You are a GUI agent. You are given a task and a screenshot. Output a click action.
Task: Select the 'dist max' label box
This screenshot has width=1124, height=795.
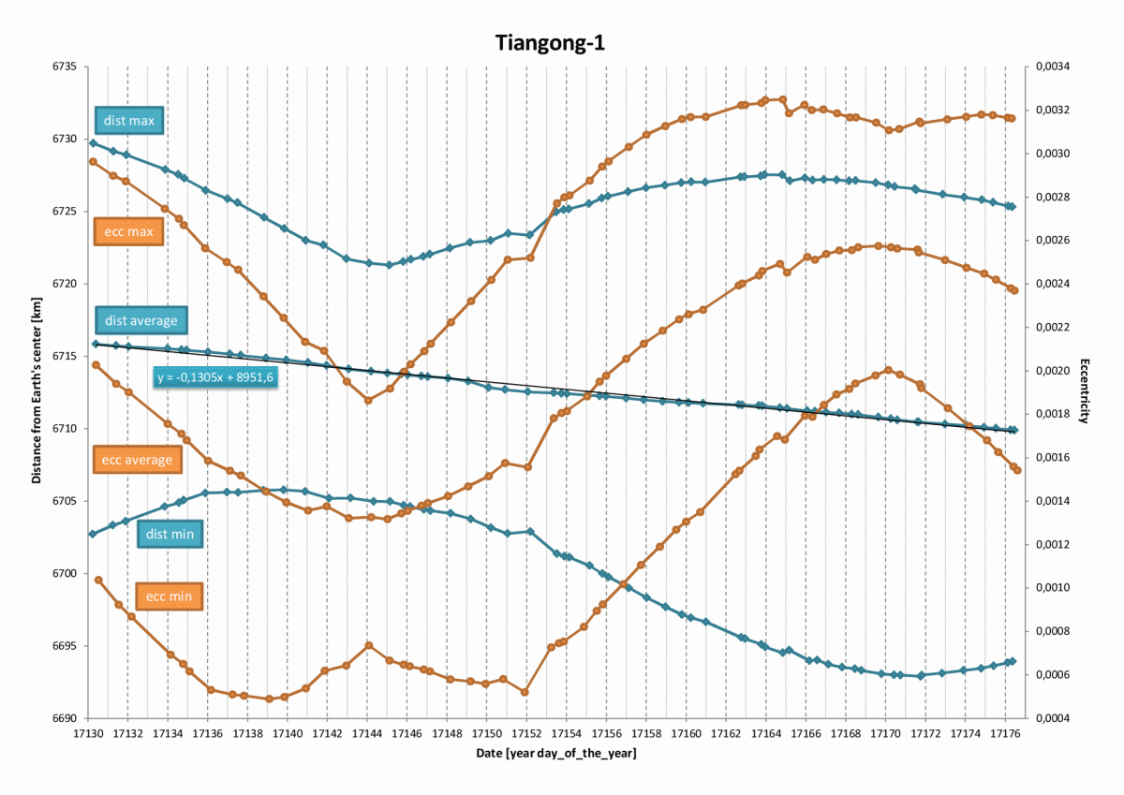(129, 121)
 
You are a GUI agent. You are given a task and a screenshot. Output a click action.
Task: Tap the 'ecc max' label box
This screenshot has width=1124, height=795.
(129, 230)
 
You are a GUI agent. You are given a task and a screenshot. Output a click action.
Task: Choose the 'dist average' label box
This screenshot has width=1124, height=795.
(140, 320)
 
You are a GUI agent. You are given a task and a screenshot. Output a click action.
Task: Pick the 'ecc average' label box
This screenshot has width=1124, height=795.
(138, 460)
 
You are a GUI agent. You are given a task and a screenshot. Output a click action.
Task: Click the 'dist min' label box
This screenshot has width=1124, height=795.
(170, 535)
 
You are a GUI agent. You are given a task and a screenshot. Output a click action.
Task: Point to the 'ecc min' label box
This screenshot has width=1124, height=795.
(170, 596)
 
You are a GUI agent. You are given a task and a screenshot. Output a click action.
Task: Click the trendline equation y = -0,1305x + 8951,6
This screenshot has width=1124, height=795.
(215, 377)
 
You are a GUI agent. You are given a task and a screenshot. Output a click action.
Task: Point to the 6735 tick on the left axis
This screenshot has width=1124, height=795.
(69, 67)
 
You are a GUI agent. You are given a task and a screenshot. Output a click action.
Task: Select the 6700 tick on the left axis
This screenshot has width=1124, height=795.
(69, 574)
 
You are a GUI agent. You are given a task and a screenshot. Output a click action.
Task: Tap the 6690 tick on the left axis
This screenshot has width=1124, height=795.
(69, 719)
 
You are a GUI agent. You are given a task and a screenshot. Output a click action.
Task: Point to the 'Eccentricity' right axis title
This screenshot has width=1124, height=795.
(1084, 391)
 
